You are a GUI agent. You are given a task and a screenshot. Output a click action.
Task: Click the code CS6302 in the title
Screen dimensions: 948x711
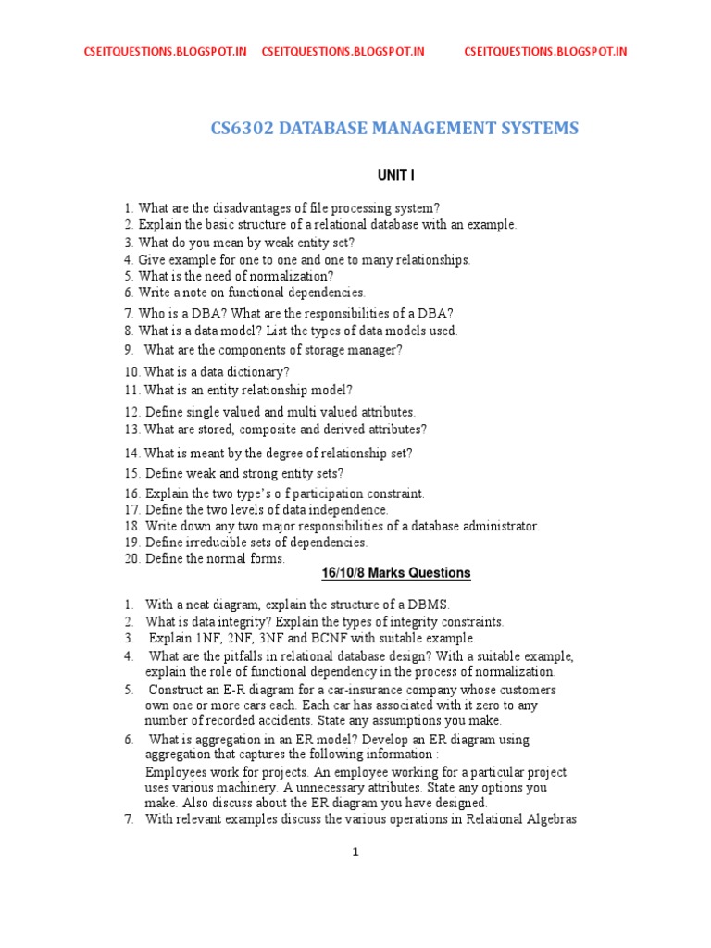[x=243, y=128]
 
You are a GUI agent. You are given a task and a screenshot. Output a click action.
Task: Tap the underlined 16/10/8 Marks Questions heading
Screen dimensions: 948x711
[x=396, y=573]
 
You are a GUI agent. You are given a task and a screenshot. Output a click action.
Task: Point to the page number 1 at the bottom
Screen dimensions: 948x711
[x=355, y=853]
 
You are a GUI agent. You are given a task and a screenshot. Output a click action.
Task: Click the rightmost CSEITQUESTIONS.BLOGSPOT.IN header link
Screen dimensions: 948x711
[x=545, y=52]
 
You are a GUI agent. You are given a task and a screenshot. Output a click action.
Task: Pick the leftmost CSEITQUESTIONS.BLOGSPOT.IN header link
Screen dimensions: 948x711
[x=166, y=52]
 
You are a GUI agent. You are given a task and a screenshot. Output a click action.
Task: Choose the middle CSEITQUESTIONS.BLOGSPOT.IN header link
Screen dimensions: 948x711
[x=343, y=52]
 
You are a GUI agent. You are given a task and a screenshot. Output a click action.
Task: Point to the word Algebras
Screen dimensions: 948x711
[x=549, y=819]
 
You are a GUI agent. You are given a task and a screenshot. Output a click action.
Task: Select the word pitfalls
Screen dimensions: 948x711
[x=250, y=656]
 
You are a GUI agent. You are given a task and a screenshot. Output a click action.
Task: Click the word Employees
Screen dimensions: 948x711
[x=179, y=772]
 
